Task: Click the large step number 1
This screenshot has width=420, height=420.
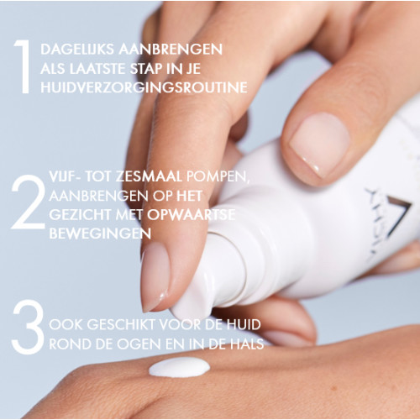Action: click(x=23, y=66)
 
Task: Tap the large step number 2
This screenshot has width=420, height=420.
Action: click(x=29, y=202)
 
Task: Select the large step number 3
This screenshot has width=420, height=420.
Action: click(x=28, y=327)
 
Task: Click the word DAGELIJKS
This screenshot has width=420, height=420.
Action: click(x=77, y=50)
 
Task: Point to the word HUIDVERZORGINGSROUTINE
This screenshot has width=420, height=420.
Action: click(x=144, y=87)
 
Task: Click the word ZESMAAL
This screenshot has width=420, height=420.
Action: click(x=149, y=176)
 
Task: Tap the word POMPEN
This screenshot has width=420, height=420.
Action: click(x=218, y=177)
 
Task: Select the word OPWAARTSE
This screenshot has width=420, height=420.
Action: click(x=192, y=215)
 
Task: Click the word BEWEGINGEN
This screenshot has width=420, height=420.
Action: click(x=100, y=234)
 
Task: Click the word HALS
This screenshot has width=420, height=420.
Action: click(x=247, y=344)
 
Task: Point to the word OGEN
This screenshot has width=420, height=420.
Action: click(x=139, y=344)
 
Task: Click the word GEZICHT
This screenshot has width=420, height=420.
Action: click(x=80, y=215)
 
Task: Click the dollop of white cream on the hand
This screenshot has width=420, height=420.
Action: click(x=179, y=366)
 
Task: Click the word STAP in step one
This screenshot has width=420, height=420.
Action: click(x=146, y=69)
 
